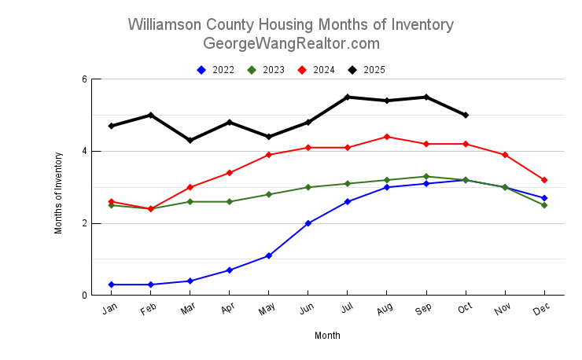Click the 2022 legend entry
(216, 70)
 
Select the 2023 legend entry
(267, 70)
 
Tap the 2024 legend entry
(317, 70)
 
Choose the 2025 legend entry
(367, 70)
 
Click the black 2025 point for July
(348, 97)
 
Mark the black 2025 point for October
(466, 115)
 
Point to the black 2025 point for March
(190, 140)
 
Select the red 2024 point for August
(387, 137)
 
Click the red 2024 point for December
(544, 180)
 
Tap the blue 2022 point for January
(112, 285)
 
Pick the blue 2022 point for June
(308, 223)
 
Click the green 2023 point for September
(426, 177)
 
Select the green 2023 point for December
(544, 205)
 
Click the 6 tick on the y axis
(83, 79)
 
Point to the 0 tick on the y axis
(83, 296)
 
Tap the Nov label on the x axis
(503, 310)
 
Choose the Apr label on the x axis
(228, 310)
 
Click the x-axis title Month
(327, 336)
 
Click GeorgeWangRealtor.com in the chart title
(291, 43)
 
